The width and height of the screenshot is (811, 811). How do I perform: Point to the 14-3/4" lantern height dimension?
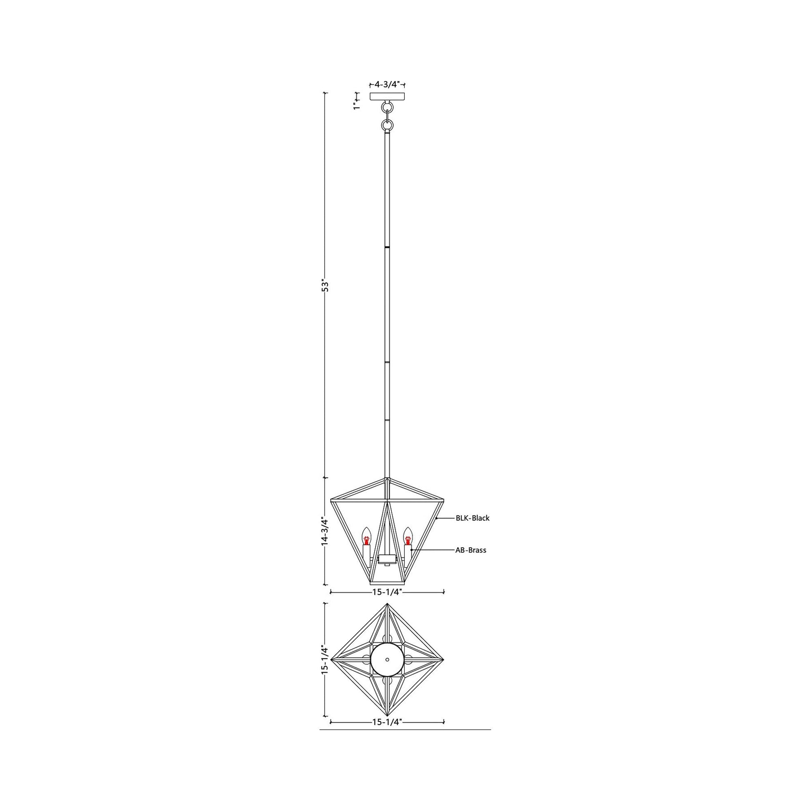click(x=324, y=531)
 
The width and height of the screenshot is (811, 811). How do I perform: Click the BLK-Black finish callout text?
click(x=473, y=518)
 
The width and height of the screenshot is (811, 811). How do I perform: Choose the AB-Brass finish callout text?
click(x=471, y=550)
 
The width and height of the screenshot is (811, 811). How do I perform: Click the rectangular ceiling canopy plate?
click(x=387, y=97)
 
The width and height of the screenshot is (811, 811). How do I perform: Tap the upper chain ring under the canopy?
click(x=387, y=108)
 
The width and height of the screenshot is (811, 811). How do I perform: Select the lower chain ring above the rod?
click(x=387, y=125)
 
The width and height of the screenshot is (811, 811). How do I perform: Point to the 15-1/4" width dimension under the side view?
click(x=387, y=592)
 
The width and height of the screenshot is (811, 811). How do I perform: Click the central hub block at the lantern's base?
click(x=387, y=559)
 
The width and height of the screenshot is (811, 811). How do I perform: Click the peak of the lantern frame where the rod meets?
click(x=387, y=478)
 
